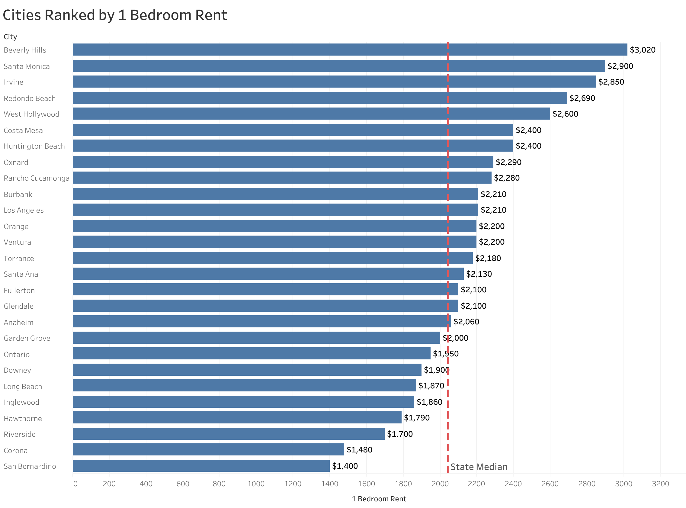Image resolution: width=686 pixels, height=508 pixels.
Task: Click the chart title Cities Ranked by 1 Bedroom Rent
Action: (115, 15)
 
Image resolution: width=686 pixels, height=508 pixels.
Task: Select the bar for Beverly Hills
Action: (349, 50)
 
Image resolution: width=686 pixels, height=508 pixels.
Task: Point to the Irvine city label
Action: (14, 82)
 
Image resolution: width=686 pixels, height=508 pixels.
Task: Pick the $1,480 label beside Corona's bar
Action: (359, 450)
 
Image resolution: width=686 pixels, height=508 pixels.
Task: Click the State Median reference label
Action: (478, 467)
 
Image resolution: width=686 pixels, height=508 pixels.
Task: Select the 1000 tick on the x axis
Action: (256, 484)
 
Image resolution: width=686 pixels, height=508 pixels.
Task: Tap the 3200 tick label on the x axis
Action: (660, 484)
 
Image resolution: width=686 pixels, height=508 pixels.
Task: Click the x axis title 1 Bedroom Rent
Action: (379, 499)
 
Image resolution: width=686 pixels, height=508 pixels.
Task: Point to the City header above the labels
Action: (10, 37)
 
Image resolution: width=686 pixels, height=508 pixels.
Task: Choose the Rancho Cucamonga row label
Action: (36, 178)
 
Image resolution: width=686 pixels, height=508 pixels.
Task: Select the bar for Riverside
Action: (228, 434)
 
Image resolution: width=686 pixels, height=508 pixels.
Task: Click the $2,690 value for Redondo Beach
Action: (582, 98)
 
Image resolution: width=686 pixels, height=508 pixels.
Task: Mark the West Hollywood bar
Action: (311, 114)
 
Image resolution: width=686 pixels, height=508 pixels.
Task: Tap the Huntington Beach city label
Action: (34, 146)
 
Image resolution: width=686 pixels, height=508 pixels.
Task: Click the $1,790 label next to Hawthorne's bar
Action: (416, 418)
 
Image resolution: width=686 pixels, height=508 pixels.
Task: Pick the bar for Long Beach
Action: (244, 385)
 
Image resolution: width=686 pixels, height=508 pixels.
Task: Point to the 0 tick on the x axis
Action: (75, 484)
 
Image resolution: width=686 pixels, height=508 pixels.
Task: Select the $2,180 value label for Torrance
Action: (488, 258)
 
